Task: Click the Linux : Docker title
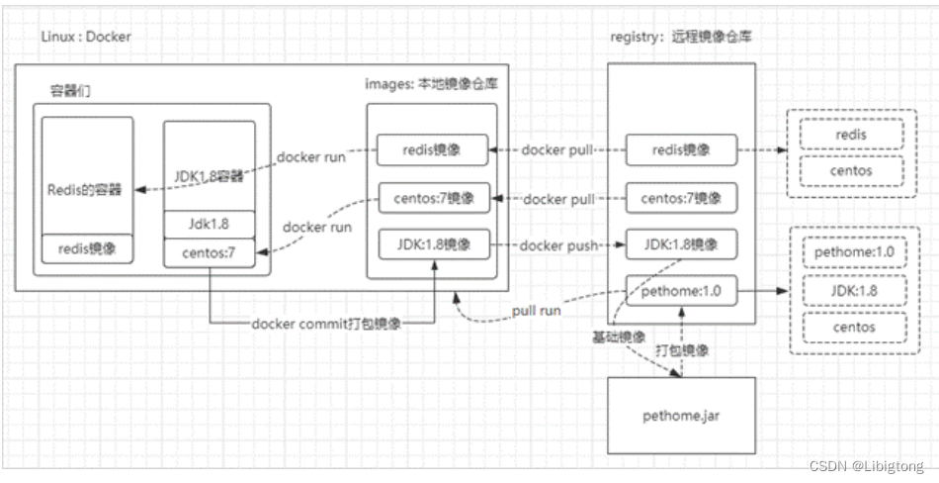86,37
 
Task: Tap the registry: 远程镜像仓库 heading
680,37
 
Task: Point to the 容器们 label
70,91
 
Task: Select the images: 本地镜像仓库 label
431,84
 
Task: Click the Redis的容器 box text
84,190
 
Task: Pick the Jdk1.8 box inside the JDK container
209,225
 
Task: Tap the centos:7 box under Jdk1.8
209,253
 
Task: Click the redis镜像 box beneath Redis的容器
87,249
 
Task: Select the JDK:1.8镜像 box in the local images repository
434,244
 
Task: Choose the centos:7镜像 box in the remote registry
681,197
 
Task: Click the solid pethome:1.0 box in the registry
681,292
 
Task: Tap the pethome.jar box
681,415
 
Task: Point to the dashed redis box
852,134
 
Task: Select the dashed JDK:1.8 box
854,290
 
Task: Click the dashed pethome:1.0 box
854,252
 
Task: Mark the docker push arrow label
558,245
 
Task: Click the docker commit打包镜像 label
326,324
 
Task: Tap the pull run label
536,311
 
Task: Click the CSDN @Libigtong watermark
867,466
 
